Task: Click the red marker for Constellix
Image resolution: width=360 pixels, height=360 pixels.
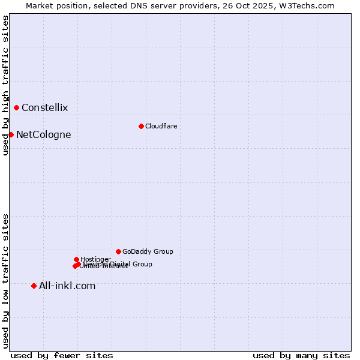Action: click(x=16, y=108)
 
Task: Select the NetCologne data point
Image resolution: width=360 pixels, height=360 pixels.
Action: click(x=11, y=134)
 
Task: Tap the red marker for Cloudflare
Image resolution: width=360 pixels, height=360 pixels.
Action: click(x=141, y=126)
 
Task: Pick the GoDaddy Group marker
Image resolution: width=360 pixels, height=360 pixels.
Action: click(x=118, y=251)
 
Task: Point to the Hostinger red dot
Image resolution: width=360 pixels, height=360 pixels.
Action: click(x=76, y=259)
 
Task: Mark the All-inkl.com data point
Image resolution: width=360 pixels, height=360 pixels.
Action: click(x=34, y=286)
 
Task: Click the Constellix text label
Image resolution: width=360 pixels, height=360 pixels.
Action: click(x=44, y=108)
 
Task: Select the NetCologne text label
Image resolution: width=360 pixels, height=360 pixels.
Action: click(x=43, y=134)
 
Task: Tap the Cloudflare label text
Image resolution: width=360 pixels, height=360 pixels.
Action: click(x=161, y=126)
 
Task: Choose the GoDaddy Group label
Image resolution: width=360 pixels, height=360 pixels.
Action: click(x=148, y=251)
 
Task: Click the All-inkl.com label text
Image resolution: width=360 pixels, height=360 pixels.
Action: click(x=67, y=286)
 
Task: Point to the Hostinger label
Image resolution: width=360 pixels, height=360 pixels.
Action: click(x=96, y=259)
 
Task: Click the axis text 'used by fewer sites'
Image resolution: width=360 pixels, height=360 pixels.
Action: click(x=62, y=355)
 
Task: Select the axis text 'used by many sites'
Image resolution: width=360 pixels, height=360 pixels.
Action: click(x=301, y=355)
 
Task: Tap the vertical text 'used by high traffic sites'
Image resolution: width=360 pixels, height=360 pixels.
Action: click(x=5, y=85)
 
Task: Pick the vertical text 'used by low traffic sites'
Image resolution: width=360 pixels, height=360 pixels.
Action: click(x=5, y=280)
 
